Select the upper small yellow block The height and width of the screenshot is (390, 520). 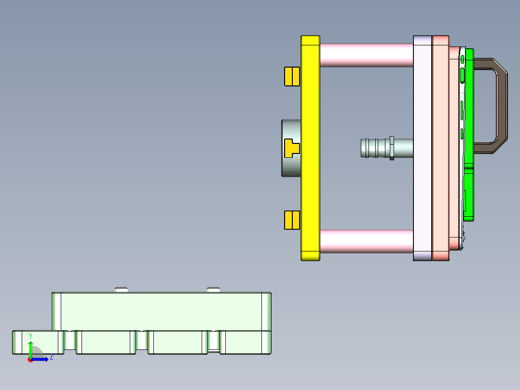[x=292, y=76]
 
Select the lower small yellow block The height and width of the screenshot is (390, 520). [x=292, y=220]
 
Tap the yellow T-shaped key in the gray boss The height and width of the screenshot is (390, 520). [x=291, y=148]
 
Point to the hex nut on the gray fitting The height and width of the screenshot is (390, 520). [x=392, y=148]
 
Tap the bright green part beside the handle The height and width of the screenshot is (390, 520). [x=468, y=193]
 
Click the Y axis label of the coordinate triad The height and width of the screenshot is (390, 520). [x=30, y=335]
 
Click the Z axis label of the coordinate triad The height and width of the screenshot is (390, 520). [x=51, y=358]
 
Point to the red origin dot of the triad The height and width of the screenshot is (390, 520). [x=30, y=360]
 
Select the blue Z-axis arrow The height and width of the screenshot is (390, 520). [x=41, y=359]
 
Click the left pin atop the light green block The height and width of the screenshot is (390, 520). [x=122, y=290]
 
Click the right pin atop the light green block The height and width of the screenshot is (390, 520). [x=214, y=290]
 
